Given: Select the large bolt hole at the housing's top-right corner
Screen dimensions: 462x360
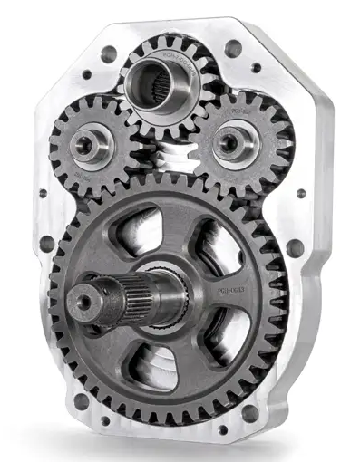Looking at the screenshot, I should pos(233,47).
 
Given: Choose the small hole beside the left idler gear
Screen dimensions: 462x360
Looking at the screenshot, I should pos(42,192).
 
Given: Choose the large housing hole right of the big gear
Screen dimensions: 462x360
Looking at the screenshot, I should pos(296,246).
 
